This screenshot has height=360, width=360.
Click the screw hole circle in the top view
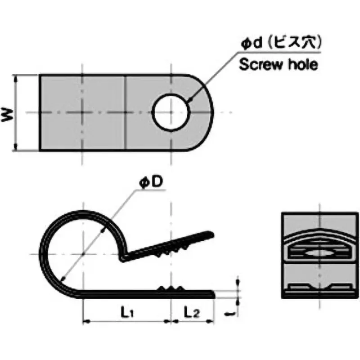171,112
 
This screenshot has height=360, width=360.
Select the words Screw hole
278,64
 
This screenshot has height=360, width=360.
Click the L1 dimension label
126,312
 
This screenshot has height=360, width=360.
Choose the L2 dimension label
192,312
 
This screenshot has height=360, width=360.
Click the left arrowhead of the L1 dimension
85,321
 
